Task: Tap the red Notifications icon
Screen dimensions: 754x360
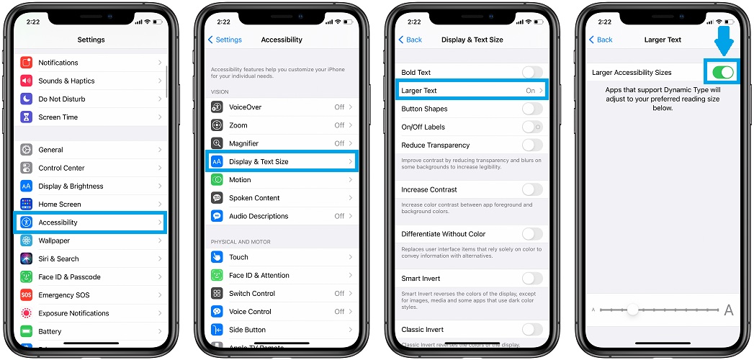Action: (x=27, y=63)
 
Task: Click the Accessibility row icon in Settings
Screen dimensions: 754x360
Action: (x=27, y=222)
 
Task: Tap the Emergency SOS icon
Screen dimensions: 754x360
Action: (x=27, y=294)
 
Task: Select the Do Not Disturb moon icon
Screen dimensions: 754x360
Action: (x=27, y=99)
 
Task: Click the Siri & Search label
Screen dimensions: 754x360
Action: (x=58, y=258)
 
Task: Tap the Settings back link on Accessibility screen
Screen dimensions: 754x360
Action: (x=225, y=40)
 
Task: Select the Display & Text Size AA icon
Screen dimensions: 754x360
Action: (x=217, y=161)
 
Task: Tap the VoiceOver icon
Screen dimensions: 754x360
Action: (x=217, y=107)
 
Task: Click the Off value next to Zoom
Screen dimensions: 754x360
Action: (x=339, y=125)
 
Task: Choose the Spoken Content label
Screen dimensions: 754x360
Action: (x=254, y=197)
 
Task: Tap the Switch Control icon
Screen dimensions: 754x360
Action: (x=217, y=293)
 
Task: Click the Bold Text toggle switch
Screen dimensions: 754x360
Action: (x=532, y=72)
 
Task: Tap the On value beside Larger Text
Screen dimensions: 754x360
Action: (x=531, y=91)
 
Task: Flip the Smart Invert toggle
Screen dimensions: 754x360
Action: (x=532, y=279)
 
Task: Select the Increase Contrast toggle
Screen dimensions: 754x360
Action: (x=532, y=189)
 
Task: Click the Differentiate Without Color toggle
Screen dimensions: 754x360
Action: (x=532, y=233)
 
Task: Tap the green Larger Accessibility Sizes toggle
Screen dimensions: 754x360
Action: (x=723, y=72)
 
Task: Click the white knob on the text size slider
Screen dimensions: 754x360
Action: (x=633, y=310)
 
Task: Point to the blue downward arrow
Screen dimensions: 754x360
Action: (x=724, y=40)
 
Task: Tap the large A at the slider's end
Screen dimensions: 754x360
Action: (x=729, y=310)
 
